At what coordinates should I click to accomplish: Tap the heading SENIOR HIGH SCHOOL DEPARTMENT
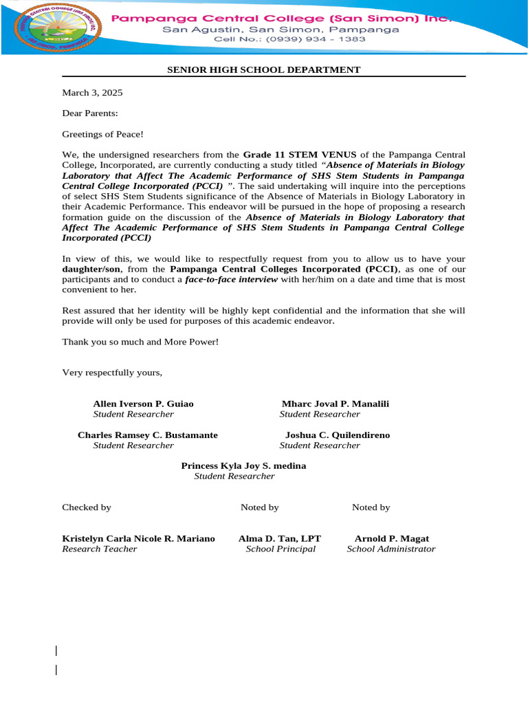click(264, 70)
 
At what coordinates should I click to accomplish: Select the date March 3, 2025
click(92, 92)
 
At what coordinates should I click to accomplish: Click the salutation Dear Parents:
click(90, 113)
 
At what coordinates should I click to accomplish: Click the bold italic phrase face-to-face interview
click(232, 279)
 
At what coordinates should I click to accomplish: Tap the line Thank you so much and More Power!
click(140, 342)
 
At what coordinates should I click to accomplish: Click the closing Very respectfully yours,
click(113, 373)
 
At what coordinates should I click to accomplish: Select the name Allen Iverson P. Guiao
click(143, 404)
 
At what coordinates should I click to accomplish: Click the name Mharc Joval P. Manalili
click(335, 404)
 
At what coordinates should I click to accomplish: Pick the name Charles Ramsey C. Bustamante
click(148, 435)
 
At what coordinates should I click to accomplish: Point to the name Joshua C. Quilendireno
click(338, 435)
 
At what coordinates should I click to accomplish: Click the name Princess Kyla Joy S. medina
click(243, 465)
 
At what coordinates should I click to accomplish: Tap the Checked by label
click(87, 507)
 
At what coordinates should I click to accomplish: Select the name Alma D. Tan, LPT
click(280, 538)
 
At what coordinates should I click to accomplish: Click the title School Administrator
click(390, 549)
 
